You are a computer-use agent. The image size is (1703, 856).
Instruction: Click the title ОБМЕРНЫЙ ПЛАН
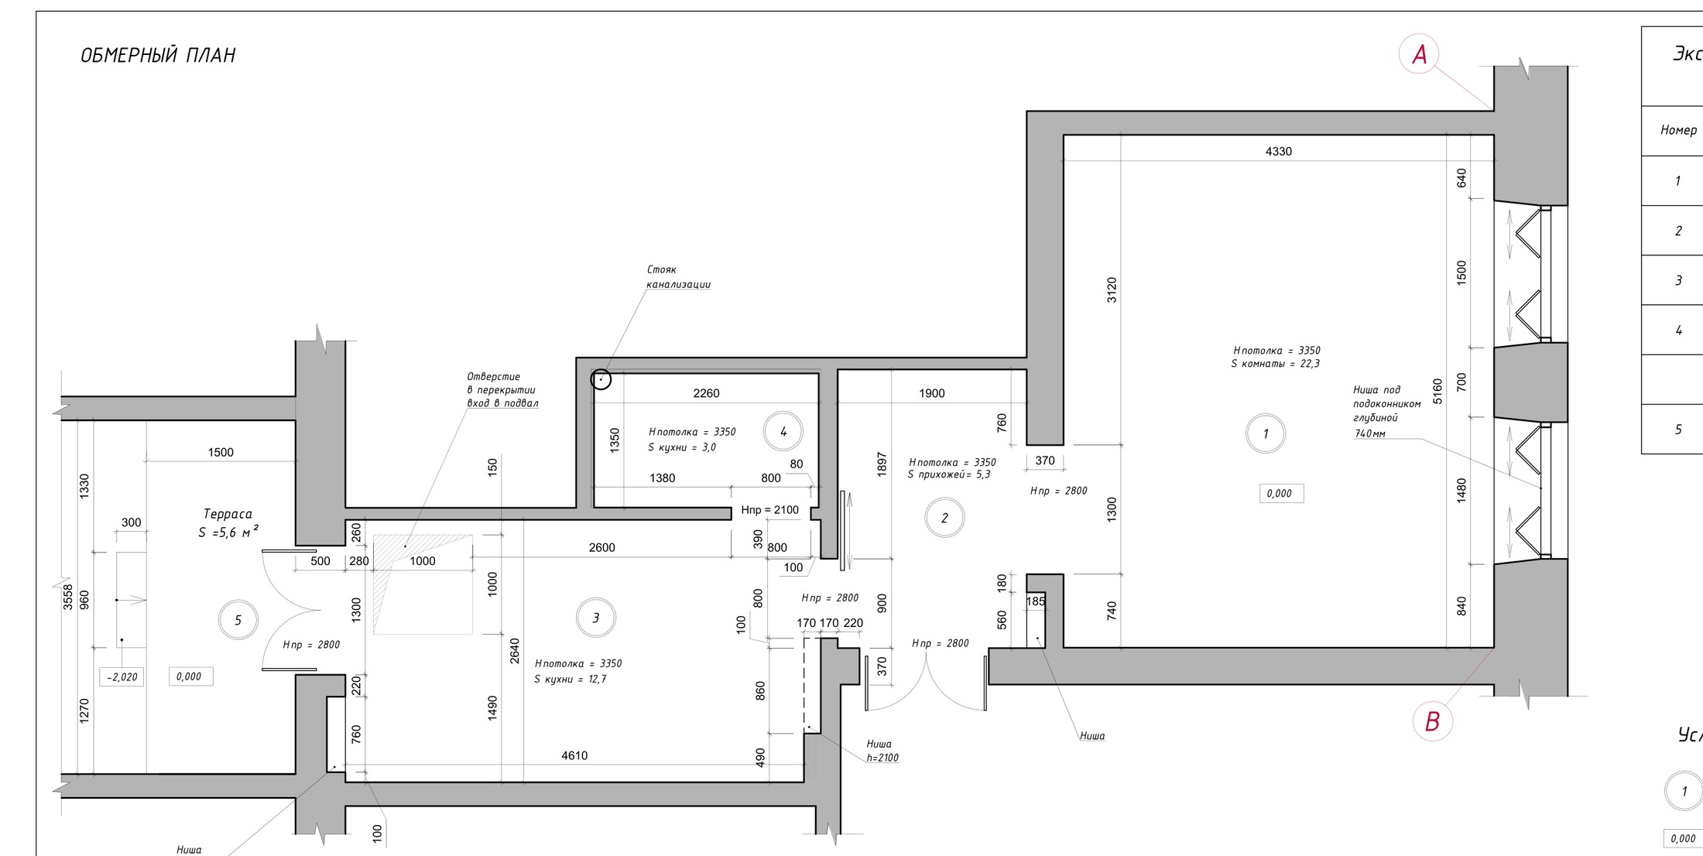(x=158, y=55)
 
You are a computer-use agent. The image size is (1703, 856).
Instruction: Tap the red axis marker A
(x=1419, y=54)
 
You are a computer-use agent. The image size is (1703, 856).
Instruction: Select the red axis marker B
(x=1432, y=721)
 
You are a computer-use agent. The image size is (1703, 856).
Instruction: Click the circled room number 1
(x=1266, y=433)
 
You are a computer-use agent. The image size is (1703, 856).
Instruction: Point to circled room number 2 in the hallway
(x=944, y=518)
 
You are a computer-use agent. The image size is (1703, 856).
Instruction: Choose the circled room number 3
(x=595, y=618)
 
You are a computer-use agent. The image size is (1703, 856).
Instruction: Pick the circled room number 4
(x=783, y=431)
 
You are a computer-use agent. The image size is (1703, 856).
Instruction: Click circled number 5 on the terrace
(x=238, y=620)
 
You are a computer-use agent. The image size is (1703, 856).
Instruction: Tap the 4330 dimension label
(x=1278, y=152)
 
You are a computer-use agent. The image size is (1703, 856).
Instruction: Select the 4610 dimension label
(x=574, y=755)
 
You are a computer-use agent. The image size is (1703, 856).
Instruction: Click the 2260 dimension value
(x=706, y=393)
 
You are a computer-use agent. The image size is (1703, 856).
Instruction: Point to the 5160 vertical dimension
(x=1437, y=391)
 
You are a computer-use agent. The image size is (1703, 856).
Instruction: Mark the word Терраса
(x=228, y=514)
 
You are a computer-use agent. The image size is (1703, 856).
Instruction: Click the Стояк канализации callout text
(x=678, y=277)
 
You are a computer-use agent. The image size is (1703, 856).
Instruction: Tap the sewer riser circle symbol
(x=601, y=379)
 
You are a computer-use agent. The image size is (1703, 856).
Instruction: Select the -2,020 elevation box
(x=122, y=676)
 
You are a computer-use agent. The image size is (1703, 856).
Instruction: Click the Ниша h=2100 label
(x=882, y=751)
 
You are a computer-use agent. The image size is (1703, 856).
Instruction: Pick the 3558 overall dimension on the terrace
(x=68, y=596)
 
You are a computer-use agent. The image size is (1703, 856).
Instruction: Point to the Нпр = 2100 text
(x=769, y=510)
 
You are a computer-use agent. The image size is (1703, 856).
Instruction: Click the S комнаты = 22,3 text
(x=1275, y=364)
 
